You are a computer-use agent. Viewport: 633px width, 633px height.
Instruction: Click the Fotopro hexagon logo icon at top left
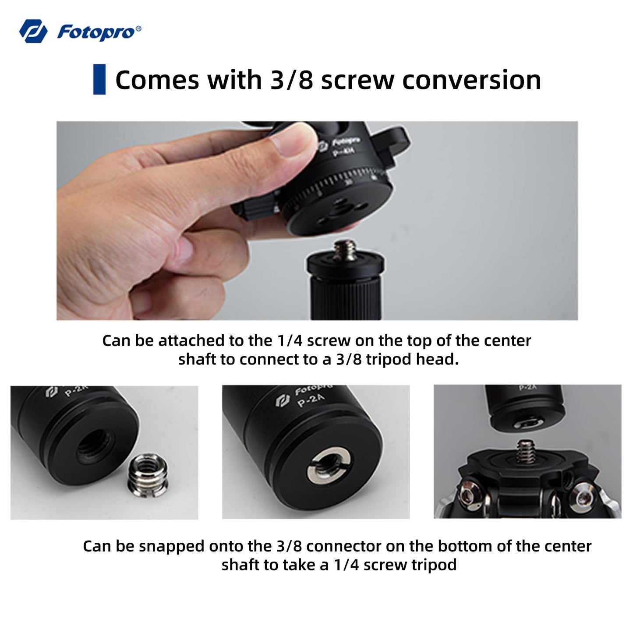pyautogui.click(x=33, y=31)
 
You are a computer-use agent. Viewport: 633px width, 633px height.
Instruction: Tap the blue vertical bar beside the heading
pyautogui.click(x=99, y=79)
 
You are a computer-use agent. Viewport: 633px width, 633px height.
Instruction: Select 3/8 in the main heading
pyautogui.click(x=291, y=80)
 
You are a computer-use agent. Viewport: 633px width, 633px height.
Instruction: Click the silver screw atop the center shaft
pyautogui.click(x=345, y=250)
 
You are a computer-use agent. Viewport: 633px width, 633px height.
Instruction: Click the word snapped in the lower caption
pyautogui.click(x=171, y=547)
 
